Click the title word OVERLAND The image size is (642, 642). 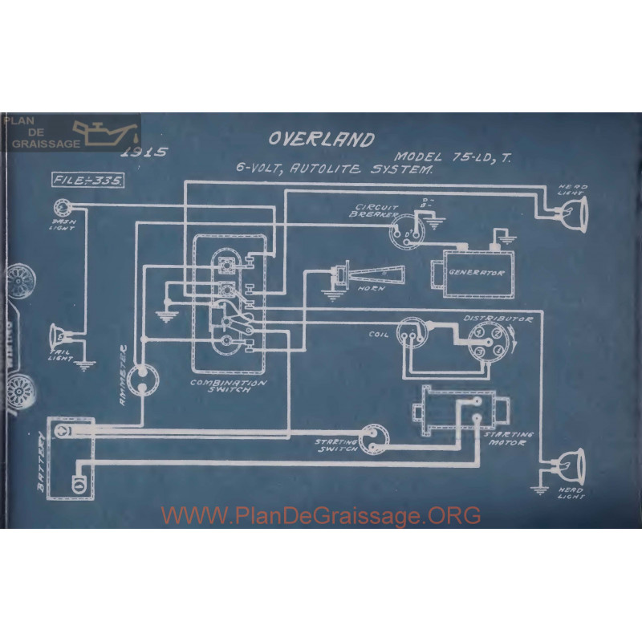(x=321, y=139)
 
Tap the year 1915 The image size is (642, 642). (x=143, y=152)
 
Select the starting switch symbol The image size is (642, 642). (x=372, y=438)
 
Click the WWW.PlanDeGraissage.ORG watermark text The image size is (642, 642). (x=321, y=515)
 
